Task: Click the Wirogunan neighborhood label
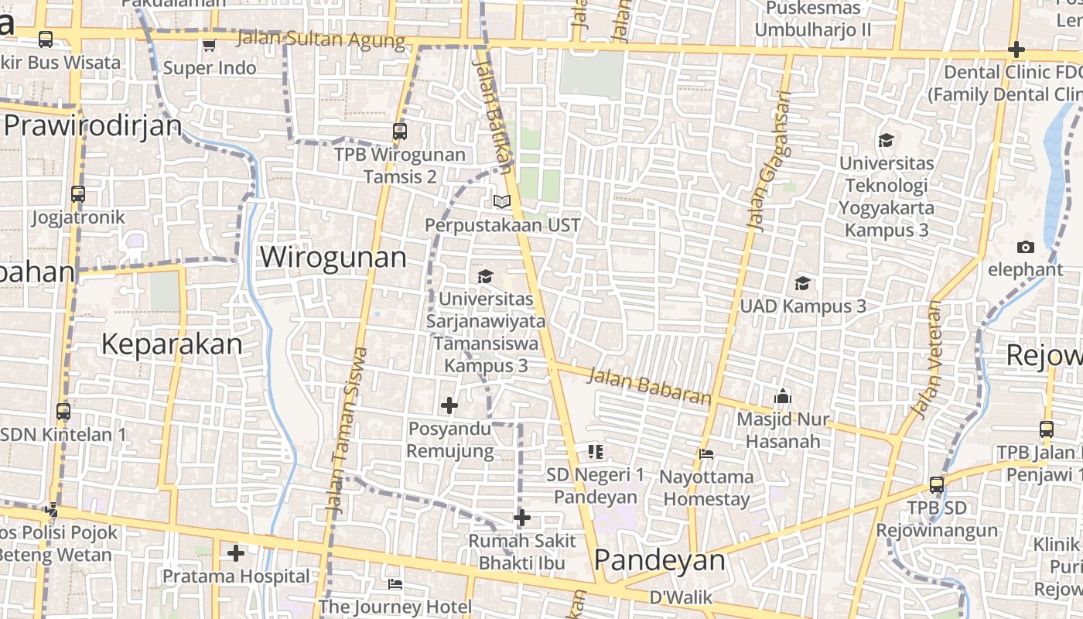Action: click(x=333, y=257)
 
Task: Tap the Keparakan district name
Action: click(x=172, y=344)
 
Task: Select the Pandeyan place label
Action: click(x=660, y=561)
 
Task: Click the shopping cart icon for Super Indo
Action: click(x=209, y=46)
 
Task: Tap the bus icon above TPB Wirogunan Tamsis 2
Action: click(x=400, y=131)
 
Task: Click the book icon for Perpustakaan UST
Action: click(x=502, y=201)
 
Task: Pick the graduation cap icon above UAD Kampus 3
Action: click(x=803, y=282)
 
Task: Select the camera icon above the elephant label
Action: click(x=1026, y=247)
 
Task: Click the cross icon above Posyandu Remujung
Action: click(x=449, y=405)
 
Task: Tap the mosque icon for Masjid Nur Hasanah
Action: click(x=783, y=397)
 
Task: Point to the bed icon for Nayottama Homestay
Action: click(x=706, y=453)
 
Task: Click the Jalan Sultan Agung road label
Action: click(x=321, y=39)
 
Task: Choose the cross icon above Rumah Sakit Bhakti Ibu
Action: click(x=522, y=517)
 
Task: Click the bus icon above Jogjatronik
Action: click(x=78, y=193)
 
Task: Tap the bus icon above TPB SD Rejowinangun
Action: click(x=937, y=485)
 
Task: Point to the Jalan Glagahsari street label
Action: click(x=769, y=161)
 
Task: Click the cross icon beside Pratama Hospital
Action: click(x=236, y=553)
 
